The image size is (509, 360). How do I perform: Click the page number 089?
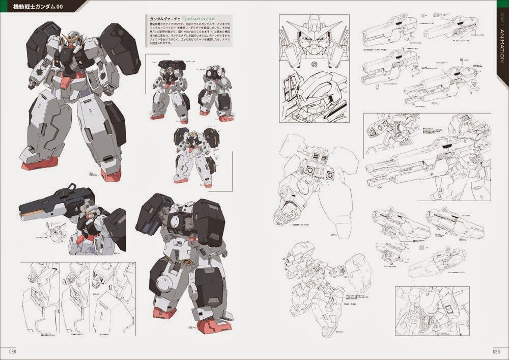pos(496,351)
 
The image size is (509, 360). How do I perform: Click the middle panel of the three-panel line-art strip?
pos(75,298)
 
